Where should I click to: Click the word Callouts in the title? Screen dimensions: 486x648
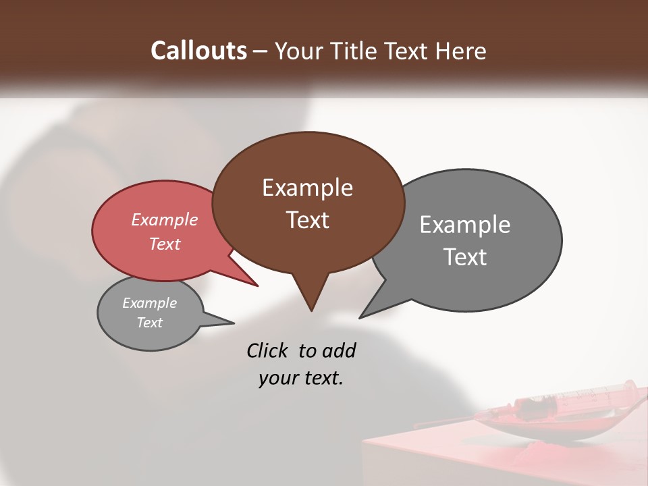click(198, 51)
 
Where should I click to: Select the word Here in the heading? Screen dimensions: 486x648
click(460, 51)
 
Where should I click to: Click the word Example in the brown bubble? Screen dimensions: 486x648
click(307, 188)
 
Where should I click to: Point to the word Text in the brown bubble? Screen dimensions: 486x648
click(307, 220)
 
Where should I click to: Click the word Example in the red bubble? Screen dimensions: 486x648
click(165, 219)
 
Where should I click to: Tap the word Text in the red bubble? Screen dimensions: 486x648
click(165, 244)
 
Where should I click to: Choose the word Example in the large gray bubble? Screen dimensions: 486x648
click(465, 225)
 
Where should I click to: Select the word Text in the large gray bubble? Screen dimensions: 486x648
click(465, 257)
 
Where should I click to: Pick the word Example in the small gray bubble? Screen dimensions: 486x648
click(149, 303)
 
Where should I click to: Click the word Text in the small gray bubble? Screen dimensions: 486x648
click(149, 323)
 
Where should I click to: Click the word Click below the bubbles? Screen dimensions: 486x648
click(269, 351)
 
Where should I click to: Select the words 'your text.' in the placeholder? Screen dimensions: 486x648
click(301, 378)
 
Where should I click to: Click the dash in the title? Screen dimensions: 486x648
click(261, 51)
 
